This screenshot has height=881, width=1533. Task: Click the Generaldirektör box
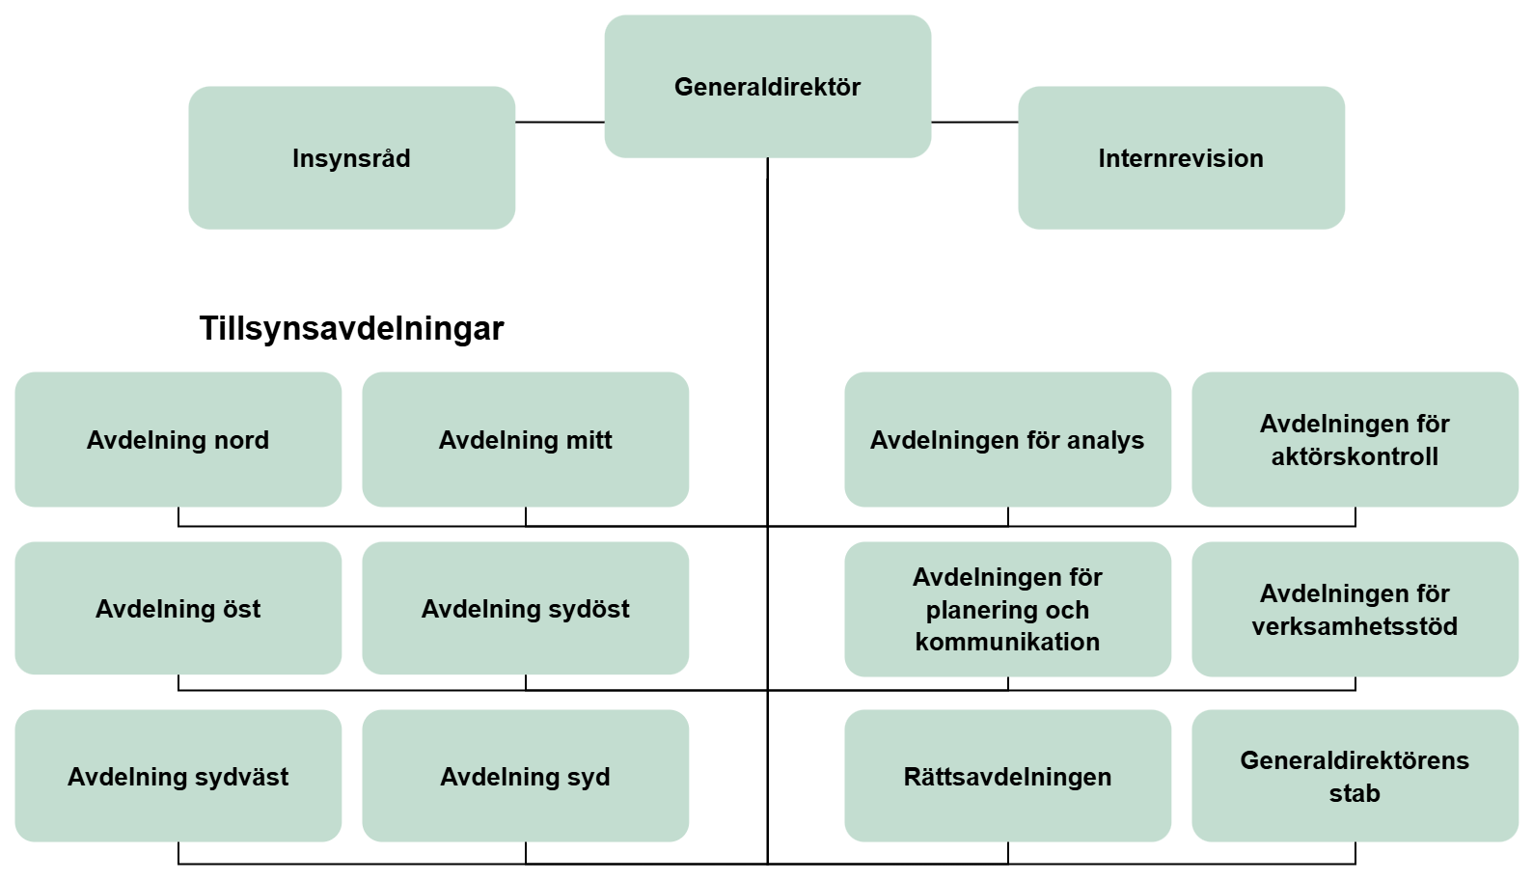pyautogui.click(x=767, y=87)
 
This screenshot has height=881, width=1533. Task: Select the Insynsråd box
pyautogui.click(x=351, y=158)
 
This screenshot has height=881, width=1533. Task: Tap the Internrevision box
pyautogui.click(x=1181, y=158)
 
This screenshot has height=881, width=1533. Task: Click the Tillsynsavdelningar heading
pyautogui.click(x=351, y=329)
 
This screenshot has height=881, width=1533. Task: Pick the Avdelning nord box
pyautogui.click(x=178, y=440)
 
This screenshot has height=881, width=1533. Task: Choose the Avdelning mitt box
pyautogui.click(x=525, y=440)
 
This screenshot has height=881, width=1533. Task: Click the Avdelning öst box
pyautogui.click(x=178, y=609)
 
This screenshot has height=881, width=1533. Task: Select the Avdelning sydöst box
pyautogui.click(x=525, y=609)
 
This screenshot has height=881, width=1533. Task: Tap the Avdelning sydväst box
pyautogui.click(x=178, y=777)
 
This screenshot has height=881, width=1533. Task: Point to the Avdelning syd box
pyautogui.click(x=525, y=777)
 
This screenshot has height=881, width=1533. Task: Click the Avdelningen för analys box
pyautogui.click(x=1007, y=440)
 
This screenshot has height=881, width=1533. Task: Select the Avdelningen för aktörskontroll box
pyautogui.click(x=1355, y=440)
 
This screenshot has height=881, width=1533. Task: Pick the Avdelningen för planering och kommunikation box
pyautogui.click(x=1007, y=609)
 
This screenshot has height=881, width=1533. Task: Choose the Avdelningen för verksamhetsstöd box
pyautogui.click(x=1355, y=609)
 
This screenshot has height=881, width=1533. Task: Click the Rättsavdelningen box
pyautogui.click(x=1007, y=777)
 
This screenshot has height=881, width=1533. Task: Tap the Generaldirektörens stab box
pyautogui.click(x=1355, y=777)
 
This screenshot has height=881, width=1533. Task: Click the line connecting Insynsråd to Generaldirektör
pyautogui.click(x=560, y=123)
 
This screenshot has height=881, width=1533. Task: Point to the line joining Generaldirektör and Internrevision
pyautogui.click(x=974, y=123)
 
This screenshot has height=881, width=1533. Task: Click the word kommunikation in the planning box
pyautogui.click(x=1007, y=643)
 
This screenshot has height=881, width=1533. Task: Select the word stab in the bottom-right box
pyautogui.click(x=1355, y=794)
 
